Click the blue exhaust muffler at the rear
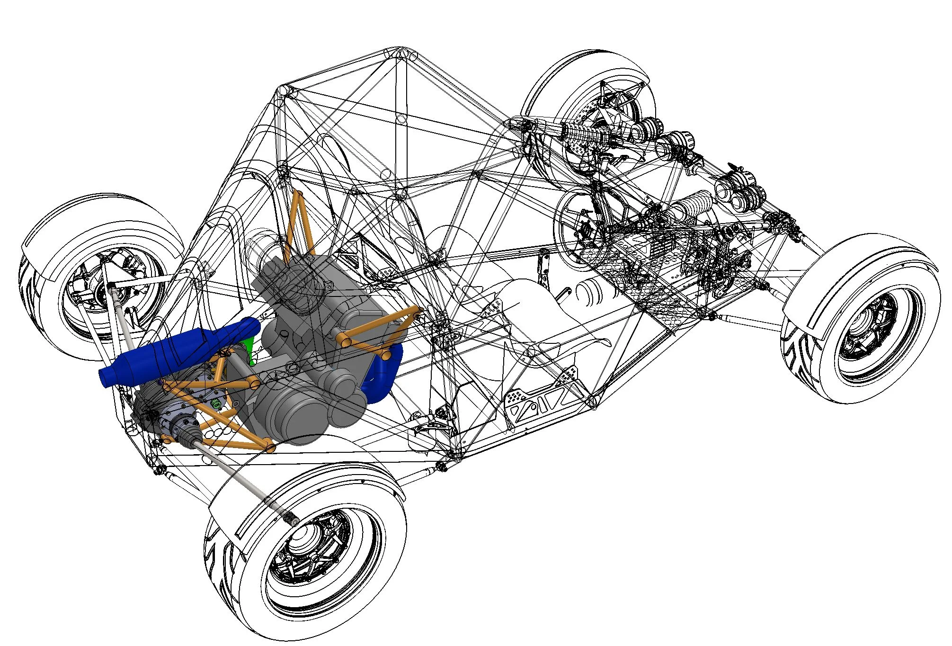pos(180,348)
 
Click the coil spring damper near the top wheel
pos(585,135)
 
